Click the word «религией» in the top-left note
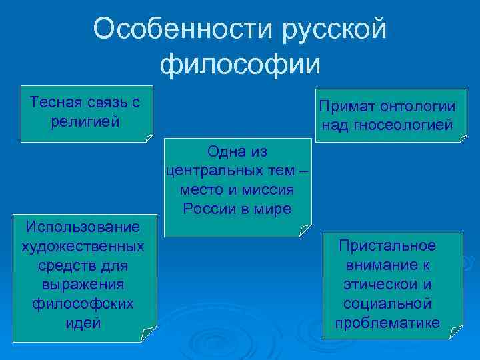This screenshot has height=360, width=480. [x=85, y=121]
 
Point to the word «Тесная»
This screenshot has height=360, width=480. [x=54, y=103]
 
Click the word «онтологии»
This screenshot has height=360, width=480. [x=419, y=107]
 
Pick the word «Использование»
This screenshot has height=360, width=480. [x=83, y=229]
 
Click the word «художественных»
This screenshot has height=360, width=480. [x=83, y=247]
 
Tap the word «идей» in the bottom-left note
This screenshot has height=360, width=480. [x=83, y=323]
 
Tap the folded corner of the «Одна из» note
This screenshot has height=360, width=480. [x=305, y=231]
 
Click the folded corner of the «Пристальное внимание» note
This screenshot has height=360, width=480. [x=457, y=333]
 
